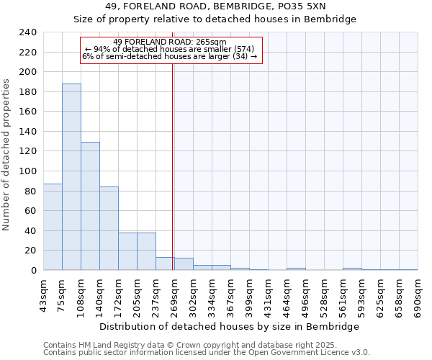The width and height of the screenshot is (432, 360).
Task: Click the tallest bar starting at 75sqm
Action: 71,177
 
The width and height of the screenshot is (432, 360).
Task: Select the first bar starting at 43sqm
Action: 53,227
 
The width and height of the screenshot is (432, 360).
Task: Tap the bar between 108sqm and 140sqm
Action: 90,206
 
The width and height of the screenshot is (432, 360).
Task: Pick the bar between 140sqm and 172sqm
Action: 109,228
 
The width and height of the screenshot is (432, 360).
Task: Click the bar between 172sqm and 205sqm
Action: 127,251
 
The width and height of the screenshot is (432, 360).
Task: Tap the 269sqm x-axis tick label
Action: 175,294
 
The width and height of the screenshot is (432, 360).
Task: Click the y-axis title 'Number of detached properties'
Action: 6,151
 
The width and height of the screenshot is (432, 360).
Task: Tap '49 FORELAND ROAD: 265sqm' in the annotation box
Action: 170,42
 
